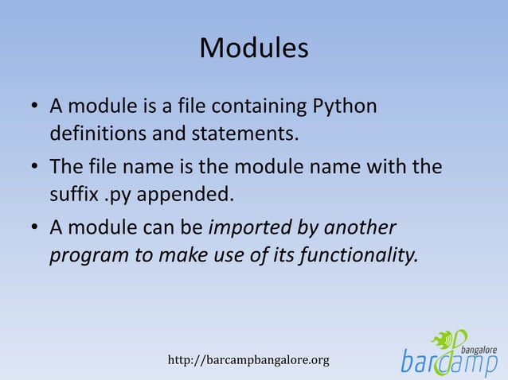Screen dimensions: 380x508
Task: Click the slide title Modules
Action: (x=253, y=48)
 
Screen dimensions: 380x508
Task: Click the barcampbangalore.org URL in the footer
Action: (x=248, y=361)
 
